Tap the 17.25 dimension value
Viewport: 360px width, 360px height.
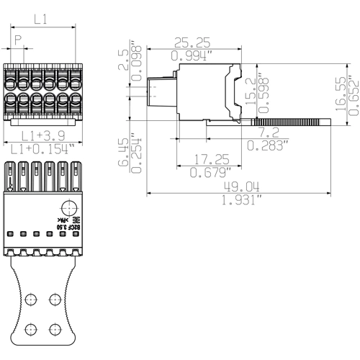(x=208, y=158)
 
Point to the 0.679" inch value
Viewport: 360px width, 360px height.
(x=208, y=172)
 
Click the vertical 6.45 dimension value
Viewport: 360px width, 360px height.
(x=124, y=152)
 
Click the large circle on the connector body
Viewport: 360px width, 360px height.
(x=66, y=204)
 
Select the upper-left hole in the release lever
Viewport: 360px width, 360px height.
(x=31, y=297)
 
